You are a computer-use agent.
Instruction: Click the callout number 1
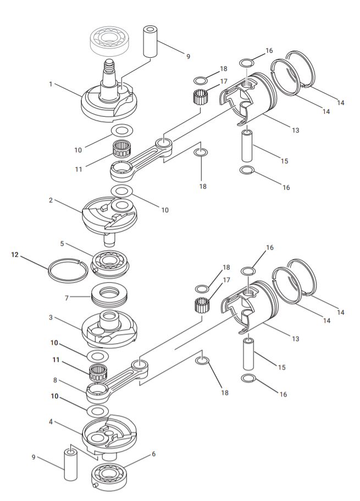50,84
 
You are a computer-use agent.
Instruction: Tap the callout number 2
51,200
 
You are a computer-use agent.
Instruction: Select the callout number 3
50,318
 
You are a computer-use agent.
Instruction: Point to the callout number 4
51,422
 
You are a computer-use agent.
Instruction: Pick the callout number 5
62,243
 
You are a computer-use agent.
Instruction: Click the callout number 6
153,454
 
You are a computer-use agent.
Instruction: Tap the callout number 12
15,255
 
